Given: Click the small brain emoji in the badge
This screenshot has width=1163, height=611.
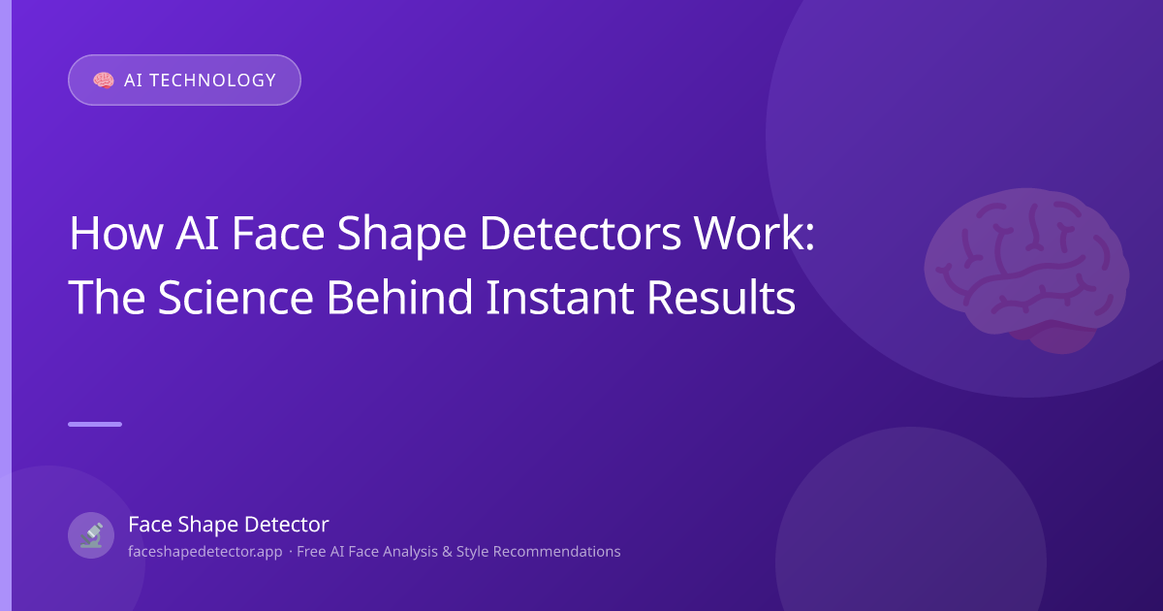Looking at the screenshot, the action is [x=104, y=80].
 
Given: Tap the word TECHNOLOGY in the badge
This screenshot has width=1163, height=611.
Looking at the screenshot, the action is [x=213, y=80].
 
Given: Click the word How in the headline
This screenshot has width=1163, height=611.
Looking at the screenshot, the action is [x=116, y=234].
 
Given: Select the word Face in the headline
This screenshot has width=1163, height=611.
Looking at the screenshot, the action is [x=278, y=234].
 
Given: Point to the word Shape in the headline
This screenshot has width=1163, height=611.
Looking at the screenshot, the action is [x=402, y=237].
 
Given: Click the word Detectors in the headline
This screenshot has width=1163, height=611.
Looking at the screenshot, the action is [x=580, y=234].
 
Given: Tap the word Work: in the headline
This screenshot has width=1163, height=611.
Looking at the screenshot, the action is [x=754, y=234].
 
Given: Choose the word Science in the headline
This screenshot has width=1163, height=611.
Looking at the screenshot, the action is [x=236, y=297].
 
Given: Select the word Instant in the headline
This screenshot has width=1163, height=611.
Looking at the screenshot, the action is [x=560, y=297].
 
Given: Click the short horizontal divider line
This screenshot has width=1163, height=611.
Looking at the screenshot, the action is [x=95, y=425].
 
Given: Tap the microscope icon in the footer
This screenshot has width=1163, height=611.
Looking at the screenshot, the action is [x=91, y=535].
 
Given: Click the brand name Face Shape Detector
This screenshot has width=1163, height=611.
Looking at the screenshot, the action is [x=229, y=525].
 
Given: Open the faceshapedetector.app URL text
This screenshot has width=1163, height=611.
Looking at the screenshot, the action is [x=205, y=552].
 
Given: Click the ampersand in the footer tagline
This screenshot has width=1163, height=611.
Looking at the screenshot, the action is [x=447, y=552].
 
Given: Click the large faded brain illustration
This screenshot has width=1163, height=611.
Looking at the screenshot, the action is [x=1025, y=271].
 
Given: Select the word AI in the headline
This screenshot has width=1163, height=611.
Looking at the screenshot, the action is [x=197, y=234].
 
